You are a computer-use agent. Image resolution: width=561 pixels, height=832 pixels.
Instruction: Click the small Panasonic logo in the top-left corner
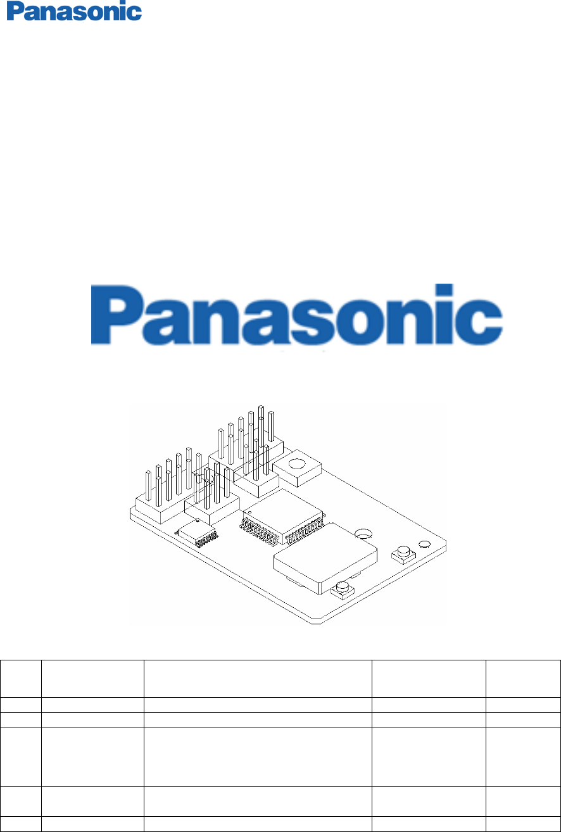pos(74,12)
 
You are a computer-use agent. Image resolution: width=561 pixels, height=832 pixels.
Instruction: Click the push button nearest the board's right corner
pos(402,552)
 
